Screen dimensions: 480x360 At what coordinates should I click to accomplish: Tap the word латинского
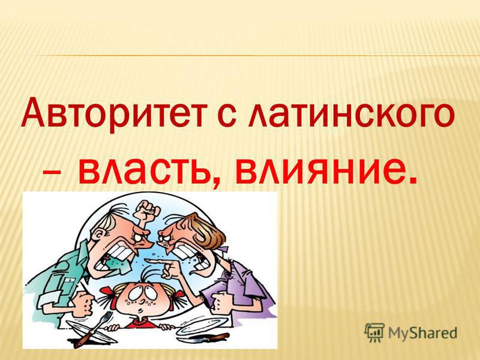tap(351, 114)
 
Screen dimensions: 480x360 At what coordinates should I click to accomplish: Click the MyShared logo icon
tap(374, 332)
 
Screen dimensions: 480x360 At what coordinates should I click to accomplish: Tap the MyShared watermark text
tap(422, 333)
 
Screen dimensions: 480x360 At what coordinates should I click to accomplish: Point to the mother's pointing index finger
tap(155, 261)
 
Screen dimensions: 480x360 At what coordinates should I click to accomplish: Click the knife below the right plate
tap(209, 336)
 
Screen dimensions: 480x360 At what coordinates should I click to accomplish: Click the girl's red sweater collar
tap(142, 322)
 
